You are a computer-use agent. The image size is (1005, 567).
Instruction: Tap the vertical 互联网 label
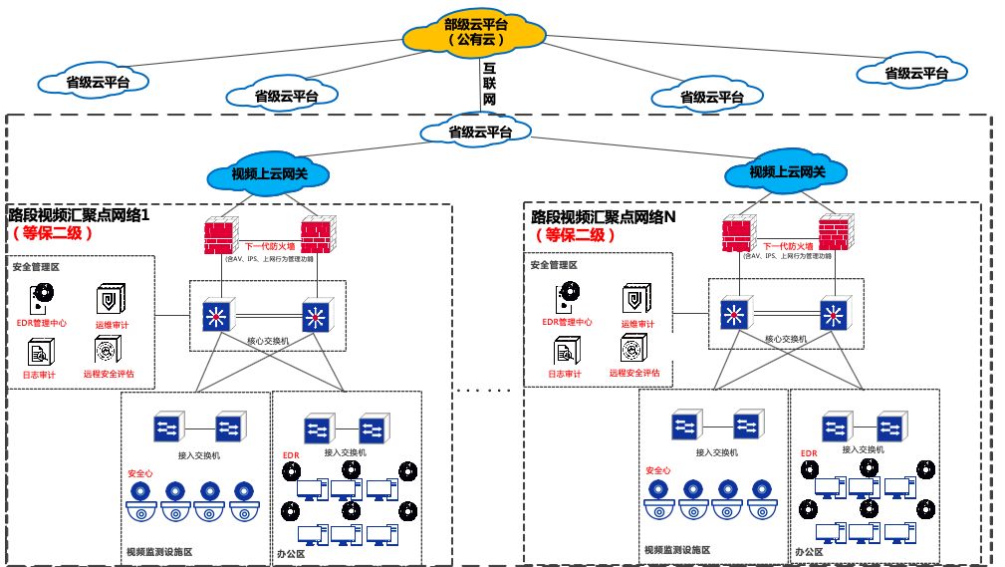click(x=489, y=84)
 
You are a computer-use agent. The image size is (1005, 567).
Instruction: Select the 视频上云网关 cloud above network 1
click(x=270, y=173)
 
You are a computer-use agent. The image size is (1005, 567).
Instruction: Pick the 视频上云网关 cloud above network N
click(x=787, y=172)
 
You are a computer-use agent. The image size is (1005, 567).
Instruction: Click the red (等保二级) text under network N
click(x=575, y=235)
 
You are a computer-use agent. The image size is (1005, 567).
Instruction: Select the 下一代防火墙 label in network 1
click(x=270, y=246)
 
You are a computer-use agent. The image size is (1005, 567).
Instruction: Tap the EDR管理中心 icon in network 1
click(x=43, y=298)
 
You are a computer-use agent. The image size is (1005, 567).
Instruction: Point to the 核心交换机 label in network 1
click(x=268, y=341)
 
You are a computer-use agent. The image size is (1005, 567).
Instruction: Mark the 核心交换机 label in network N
click(x=786, y=340)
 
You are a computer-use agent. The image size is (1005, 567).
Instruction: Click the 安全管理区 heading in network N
click(x=553, y=266)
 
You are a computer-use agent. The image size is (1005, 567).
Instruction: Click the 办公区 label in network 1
click(x=291, y=552)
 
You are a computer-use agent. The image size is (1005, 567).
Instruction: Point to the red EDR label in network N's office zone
click(x=809, y=454)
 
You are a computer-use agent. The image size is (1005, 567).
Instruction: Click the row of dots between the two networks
click(x=487, y=390)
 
